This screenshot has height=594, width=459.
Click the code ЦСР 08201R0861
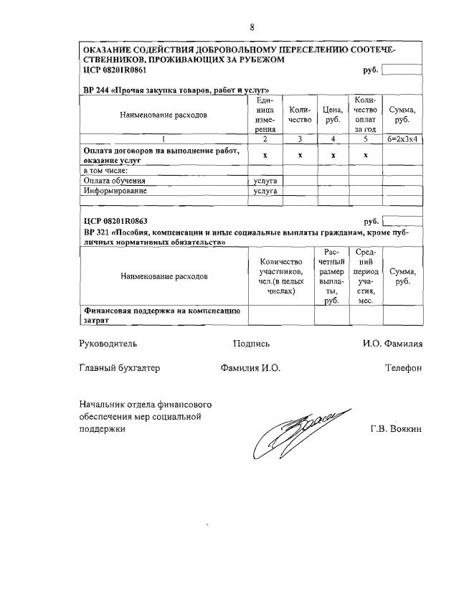pyautogui.click(x=115, y=70)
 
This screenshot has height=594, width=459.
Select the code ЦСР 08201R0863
pyautogui.click(x=115, y=222)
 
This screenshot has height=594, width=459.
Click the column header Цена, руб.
pyautogui.click(x=332, y=115)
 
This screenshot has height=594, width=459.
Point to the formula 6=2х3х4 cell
pyautogui.click(x=402, y=139)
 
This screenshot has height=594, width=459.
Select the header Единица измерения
pyautogui.click(x=265, y=115)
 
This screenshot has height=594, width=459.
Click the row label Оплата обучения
pyautogui.click(x=115, y=181)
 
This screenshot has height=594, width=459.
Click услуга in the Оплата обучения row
pyautogui.click(x=265, y=181)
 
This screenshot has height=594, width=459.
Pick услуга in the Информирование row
pyautogui.click(x=265, y=192)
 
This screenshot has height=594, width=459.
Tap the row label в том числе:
pyautogui.click(x=105, y=171)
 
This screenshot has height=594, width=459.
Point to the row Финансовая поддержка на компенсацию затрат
pyautogui.click(x=162, y=316)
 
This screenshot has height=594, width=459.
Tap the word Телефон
pyautogui.click(x=403, y=368)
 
